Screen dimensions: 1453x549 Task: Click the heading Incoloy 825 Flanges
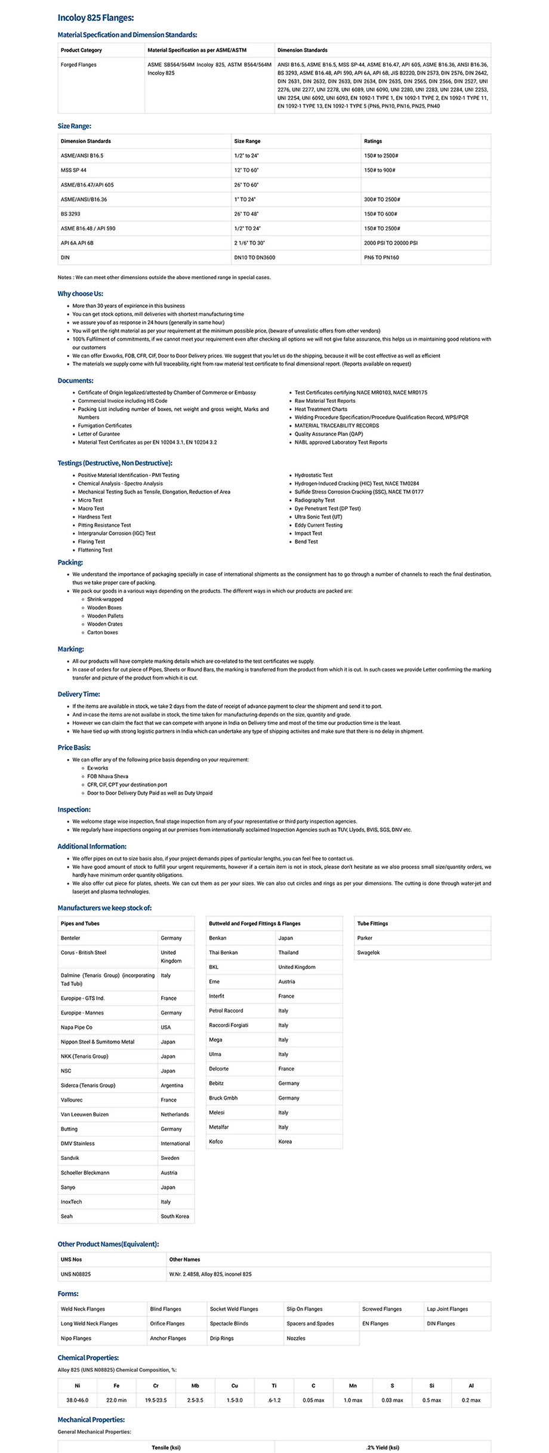(95, 18)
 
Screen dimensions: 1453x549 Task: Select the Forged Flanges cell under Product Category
(78, 64)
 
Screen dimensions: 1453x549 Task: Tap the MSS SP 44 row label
(73, 170)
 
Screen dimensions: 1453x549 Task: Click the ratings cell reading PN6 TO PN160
(381, 258)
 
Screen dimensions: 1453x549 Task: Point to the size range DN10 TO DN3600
(255, 258)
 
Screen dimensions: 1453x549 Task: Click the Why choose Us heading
(81, 294)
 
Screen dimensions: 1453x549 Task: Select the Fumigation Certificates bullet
(105, 425)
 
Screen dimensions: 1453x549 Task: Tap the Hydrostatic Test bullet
(313, 475)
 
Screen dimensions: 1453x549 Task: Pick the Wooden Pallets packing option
(106, 616)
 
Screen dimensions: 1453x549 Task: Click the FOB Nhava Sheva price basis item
(108, 776)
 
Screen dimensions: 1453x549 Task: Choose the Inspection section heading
(74, 810)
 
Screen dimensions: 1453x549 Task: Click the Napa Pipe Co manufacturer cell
(76, 1027)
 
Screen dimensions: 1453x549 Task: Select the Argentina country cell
(172, 1085)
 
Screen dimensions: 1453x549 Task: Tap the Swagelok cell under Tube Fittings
(368, 952)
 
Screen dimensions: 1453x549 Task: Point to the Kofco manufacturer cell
(216, 1142)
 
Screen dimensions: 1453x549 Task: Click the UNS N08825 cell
(76, 1274)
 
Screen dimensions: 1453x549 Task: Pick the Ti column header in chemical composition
(274, 1386)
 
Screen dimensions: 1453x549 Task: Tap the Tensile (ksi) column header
(166, 1447)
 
